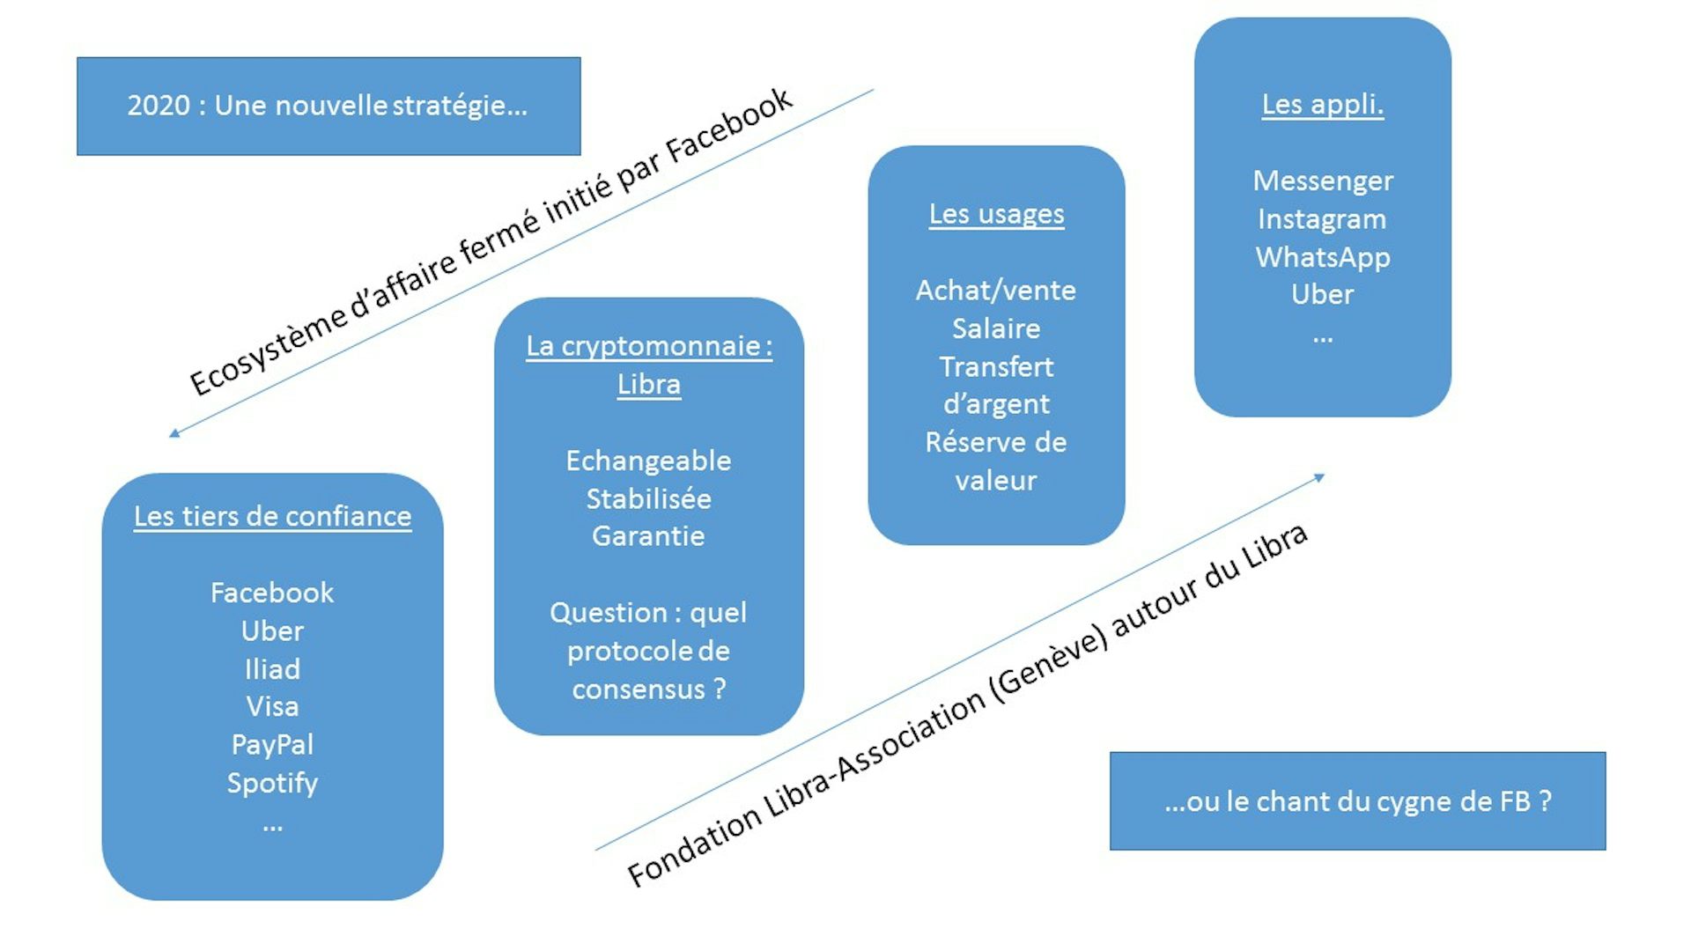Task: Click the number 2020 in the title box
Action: point(159,106)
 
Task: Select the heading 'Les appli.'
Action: point(1322,104)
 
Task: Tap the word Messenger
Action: point(1322,181)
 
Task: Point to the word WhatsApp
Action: point(1322,257)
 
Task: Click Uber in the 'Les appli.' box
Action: point(1322,294)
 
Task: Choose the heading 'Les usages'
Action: point(996,214)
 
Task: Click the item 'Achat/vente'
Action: point(995,291)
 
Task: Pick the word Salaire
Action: point(996,328)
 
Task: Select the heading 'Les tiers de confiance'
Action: point(272,516)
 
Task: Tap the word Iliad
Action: point(272,669)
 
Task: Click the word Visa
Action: point(272,706)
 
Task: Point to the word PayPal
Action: point(272,745)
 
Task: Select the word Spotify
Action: point(272,783)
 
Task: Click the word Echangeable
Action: point(648,461)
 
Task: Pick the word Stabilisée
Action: point(648,499)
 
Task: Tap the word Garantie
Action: point(648,536)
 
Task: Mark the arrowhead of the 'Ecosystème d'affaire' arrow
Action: point(174,433)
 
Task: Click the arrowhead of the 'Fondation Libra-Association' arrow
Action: point(1319,477)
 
